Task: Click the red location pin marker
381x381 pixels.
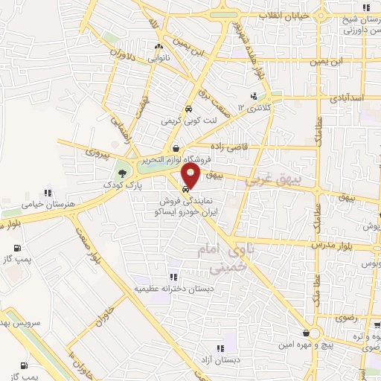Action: click(x=191, y=176)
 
